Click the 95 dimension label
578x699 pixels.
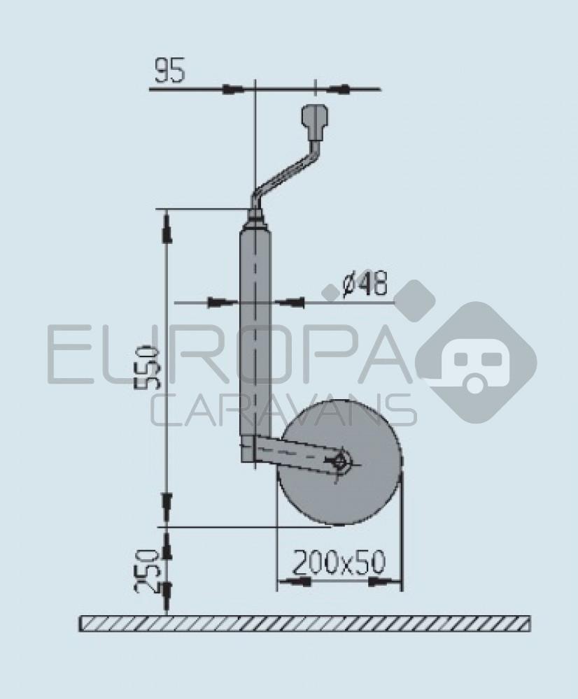[x=170, y=71]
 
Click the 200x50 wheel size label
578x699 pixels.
[x=339, y=563]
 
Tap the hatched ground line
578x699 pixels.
[x=304, y=623]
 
